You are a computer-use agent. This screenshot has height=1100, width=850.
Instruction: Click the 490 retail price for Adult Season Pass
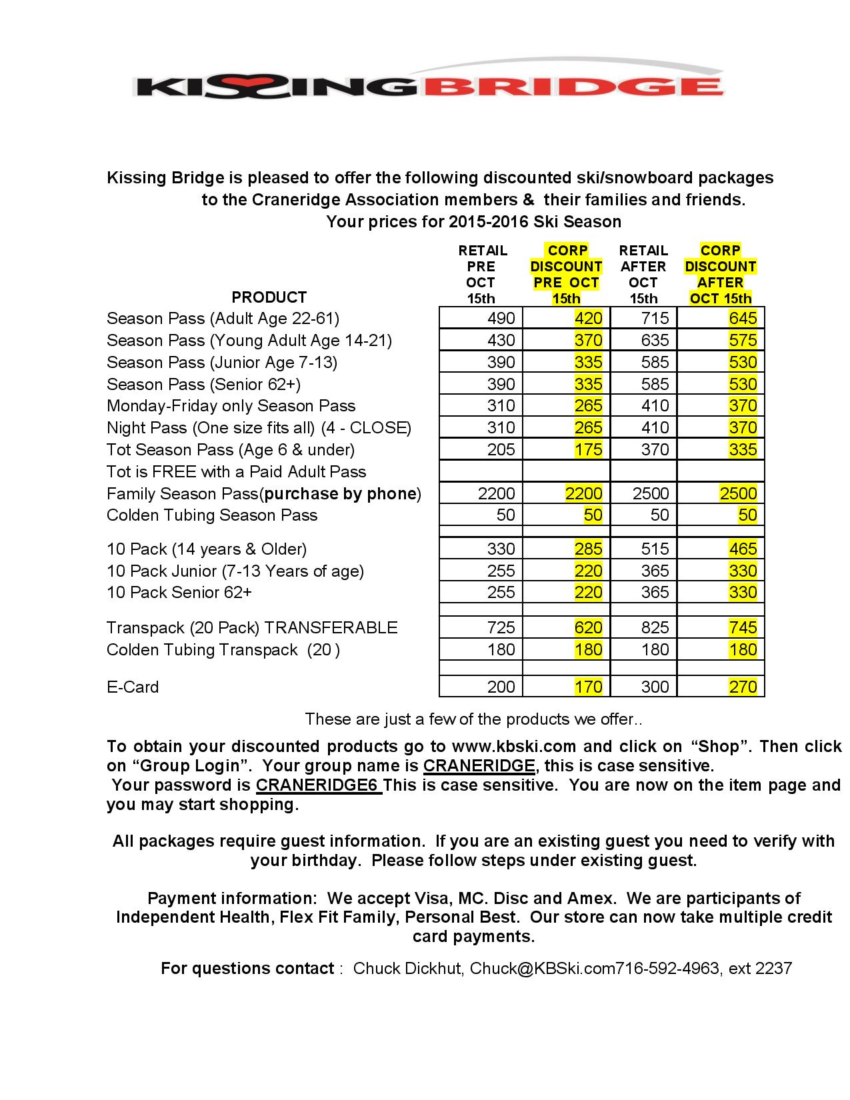(501, 319)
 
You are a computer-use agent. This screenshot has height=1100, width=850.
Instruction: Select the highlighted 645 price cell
(743, 319)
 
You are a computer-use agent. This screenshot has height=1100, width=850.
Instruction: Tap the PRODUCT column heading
(269, 297)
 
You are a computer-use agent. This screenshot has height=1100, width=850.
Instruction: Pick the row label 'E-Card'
(133, 687)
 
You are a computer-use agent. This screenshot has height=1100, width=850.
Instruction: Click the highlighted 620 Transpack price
(588, 628)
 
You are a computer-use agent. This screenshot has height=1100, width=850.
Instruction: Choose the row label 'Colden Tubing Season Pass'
(212, 515)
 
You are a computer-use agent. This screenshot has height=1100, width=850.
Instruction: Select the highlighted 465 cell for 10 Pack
(743, 549)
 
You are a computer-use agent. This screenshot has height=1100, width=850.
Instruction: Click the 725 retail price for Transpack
(501, 628)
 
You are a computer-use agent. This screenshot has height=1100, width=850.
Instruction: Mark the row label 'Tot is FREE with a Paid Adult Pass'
(236, 472)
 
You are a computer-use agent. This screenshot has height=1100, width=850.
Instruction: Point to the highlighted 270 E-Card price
(743, 687)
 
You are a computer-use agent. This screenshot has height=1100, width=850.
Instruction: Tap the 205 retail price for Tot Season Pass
(501, 450)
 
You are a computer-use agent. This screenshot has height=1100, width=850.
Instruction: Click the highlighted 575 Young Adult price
(743, 341)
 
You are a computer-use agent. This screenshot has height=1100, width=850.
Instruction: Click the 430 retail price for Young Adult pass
(501, 341)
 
